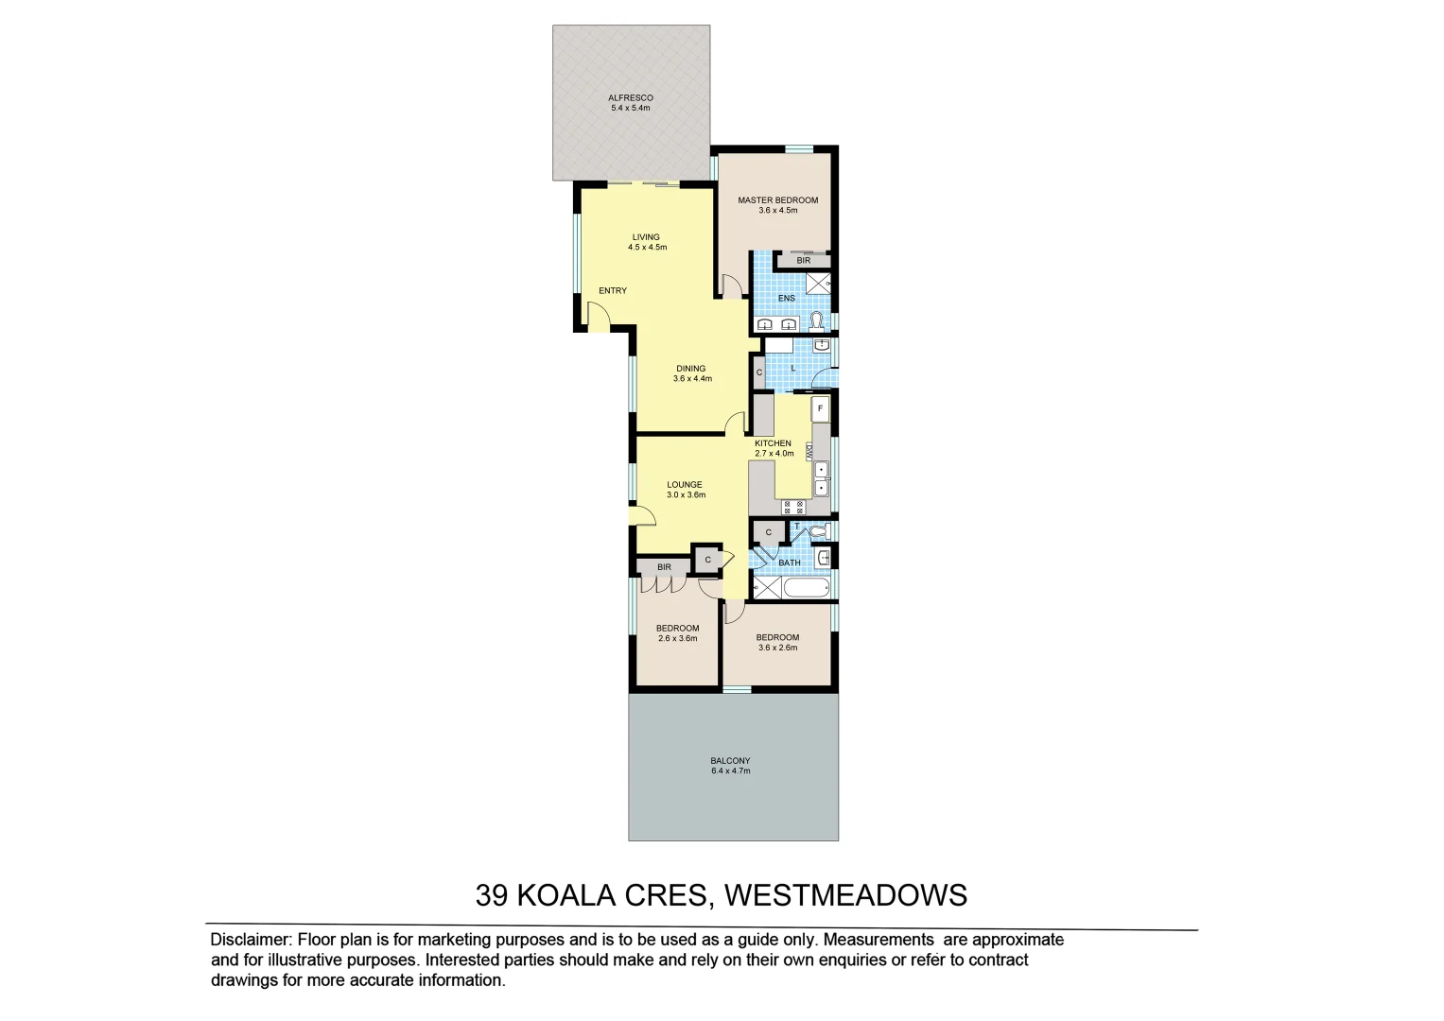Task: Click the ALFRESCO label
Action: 630,97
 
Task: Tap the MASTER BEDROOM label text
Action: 777,200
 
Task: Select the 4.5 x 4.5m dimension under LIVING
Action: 647,248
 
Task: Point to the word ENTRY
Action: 612,291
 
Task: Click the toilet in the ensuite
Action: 816,321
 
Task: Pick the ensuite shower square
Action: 817,282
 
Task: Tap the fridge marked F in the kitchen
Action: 820,408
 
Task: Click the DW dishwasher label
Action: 809,452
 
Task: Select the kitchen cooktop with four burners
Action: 792,507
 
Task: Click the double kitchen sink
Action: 821,478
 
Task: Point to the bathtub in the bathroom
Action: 806,588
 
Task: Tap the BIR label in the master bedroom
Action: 803,261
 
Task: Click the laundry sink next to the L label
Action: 822,345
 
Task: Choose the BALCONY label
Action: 730,761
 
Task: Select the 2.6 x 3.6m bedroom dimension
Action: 677,639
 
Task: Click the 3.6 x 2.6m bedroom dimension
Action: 777,649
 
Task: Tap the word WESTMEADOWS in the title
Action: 845,895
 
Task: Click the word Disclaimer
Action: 250,940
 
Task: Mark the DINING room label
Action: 690,369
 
